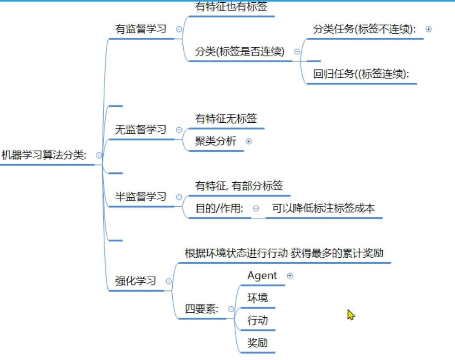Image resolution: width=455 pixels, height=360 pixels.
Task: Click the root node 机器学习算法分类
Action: pyautogui.click(x=44, y=155)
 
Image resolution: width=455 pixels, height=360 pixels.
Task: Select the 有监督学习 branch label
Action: pyautogui.click(x=140, y=29)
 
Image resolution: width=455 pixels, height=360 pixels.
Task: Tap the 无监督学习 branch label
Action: pyautogui.click(x=140, y=130)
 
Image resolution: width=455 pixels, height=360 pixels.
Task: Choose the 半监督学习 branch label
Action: pyautogui.click(x=140, y=197)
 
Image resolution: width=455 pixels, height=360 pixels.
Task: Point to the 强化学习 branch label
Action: pyautogui.click(x=135, y=281)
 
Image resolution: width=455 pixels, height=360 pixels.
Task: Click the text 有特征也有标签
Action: pyautogui.click(x=231, y=7)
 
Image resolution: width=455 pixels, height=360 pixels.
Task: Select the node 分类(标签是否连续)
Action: pyautogui.click(x=240, y=51)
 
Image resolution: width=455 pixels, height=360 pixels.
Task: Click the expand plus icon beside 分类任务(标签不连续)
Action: pyautogui.click(x=428, y=29)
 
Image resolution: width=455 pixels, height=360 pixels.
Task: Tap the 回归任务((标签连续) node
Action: pyautogui.click(x=361, y=74)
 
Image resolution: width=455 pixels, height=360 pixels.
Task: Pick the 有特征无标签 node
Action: pyautogui.click(x=226, y=119)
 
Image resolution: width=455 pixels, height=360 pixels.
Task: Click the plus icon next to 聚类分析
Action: pyautogui.click(x=249, y=141)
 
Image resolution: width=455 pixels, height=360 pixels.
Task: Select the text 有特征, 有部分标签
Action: pyautogui.click(x=239, y=185)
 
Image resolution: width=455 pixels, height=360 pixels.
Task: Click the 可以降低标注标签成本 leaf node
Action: pyautogui.click(x=323, y=208)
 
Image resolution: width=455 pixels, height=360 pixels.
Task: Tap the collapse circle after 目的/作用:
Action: pyautogui.click(x=256, y=208)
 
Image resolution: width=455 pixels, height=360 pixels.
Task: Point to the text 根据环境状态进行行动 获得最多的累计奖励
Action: pyautogui.click(x=284, y=253)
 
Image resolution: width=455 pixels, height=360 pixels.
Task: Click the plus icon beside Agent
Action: pyautogui.click(x=290, y=275)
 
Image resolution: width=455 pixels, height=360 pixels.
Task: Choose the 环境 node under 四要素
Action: pyautogui.click(x=257, y=298)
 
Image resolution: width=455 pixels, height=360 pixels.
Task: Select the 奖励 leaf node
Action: pyautogui.click(x=257, y=342)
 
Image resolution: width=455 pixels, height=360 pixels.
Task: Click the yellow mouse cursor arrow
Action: pyautogui.click(x=350, y=315)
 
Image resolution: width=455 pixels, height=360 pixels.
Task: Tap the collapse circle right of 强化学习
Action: pyautogui.click(x=169, y=281)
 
